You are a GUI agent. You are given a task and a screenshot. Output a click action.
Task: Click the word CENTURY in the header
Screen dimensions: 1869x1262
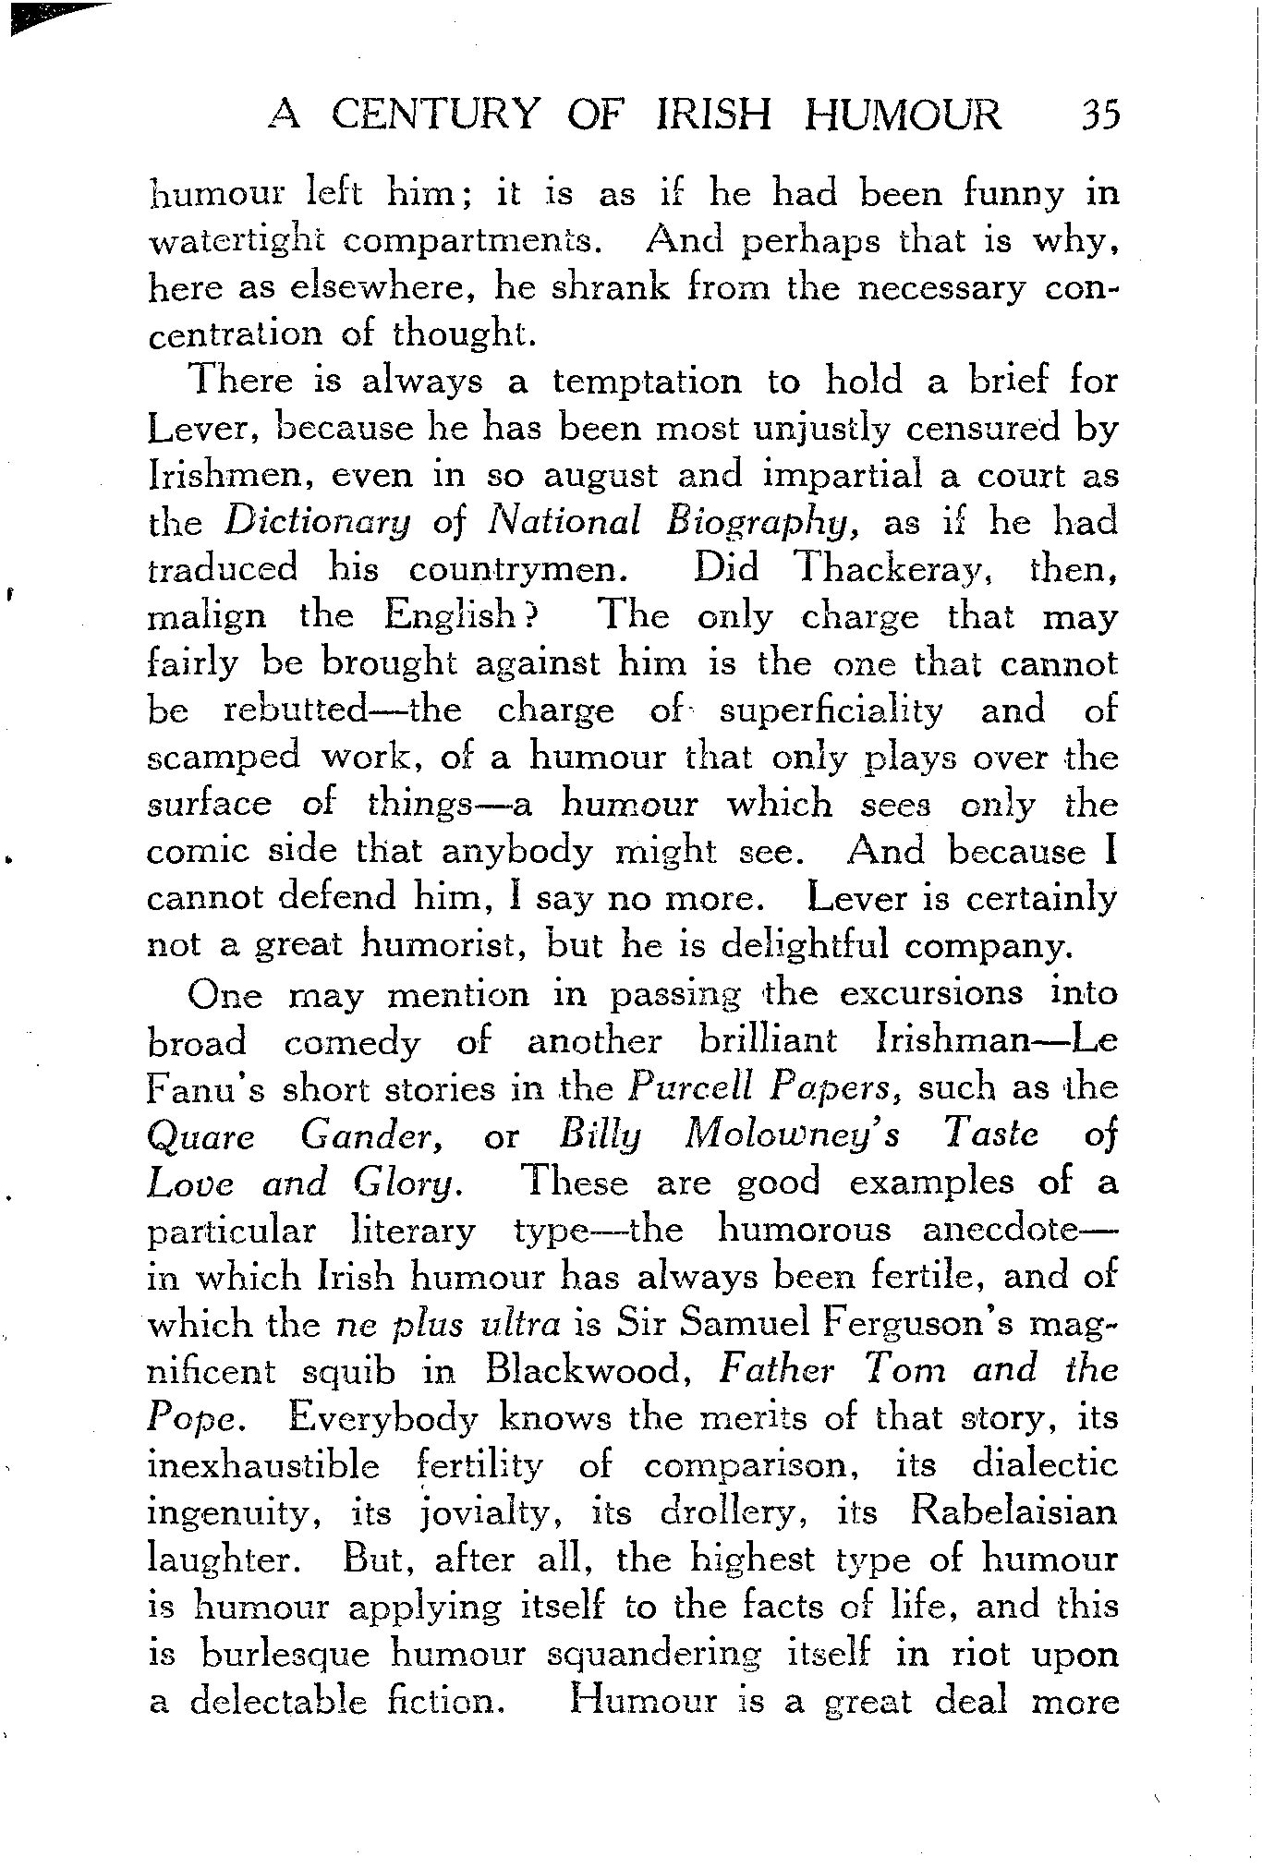(434, 115)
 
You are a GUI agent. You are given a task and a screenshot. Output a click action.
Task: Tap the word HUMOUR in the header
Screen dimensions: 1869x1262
(902, 115)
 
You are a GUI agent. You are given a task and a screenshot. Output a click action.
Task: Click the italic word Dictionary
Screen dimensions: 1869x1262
(318, 523)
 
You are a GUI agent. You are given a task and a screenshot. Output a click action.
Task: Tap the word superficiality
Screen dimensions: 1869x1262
(831, 710)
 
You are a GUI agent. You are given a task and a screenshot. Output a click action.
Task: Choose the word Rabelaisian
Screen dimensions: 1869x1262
(1013, 1512)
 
